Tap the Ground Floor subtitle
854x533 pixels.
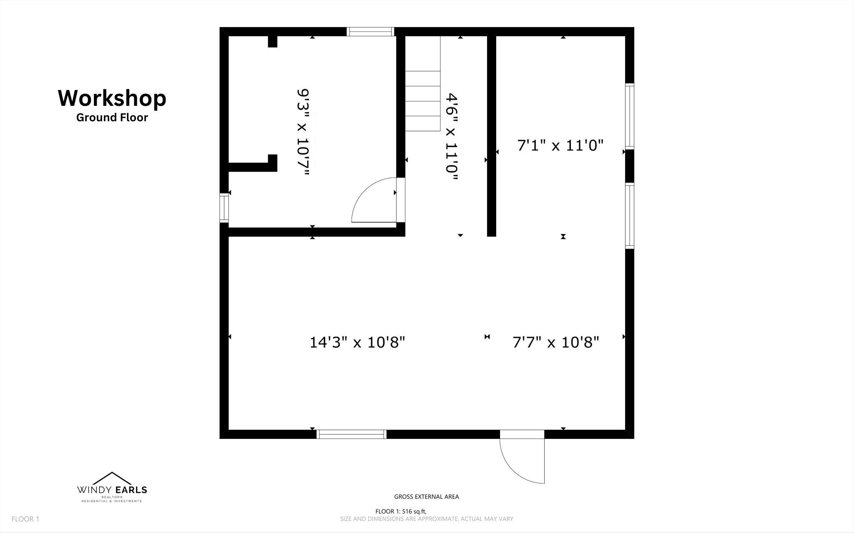112,118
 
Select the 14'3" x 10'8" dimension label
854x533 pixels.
357,343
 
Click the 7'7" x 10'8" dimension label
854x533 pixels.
556,343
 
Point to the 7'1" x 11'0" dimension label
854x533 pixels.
561,145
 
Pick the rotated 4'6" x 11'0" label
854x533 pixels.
452,137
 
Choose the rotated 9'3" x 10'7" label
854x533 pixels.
303,133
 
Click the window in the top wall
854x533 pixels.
370,32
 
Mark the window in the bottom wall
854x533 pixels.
352,434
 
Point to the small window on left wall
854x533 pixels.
224,208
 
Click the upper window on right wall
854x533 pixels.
630,116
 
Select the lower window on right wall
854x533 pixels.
630,216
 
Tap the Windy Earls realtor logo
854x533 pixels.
112,487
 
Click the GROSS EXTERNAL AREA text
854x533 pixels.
427,497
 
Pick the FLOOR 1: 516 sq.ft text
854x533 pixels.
401,511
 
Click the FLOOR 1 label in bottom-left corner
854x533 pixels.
25,519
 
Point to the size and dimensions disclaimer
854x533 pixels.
427,519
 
